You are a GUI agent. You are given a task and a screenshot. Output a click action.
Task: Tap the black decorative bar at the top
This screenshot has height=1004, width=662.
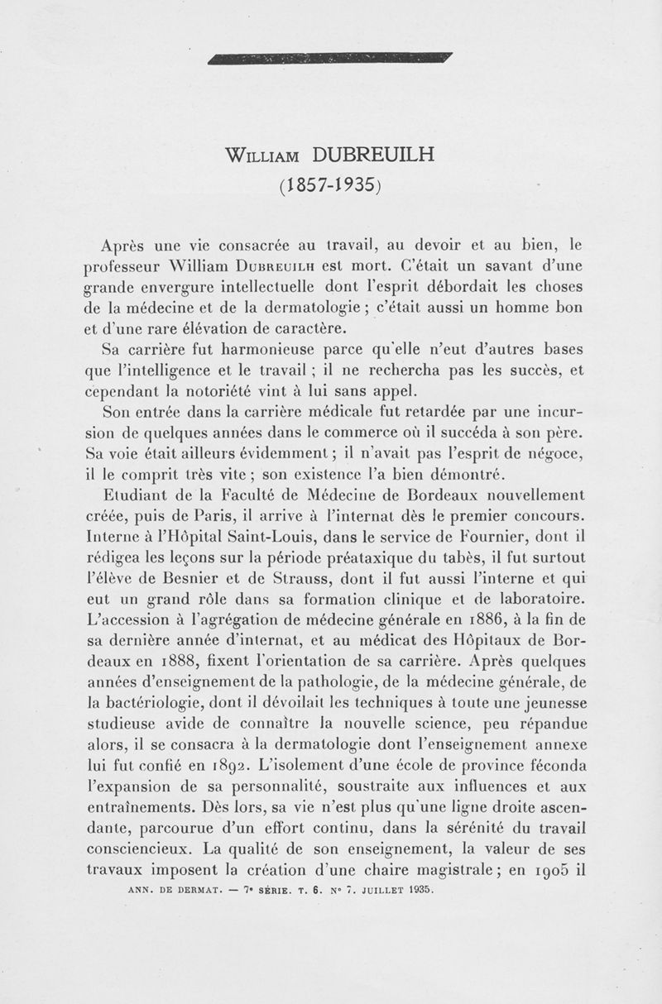(x=331, y=57)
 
